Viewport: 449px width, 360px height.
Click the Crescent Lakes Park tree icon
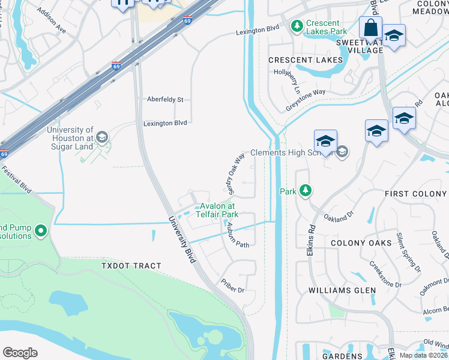click(x=296, y=26)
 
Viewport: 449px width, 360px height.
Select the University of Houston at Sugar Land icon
click(x=101, y=139)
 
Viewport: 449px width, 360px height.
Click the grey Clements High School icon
click(x=342, y=152)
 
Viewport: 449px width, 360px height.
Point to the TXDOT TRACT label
click(x=131, y=266)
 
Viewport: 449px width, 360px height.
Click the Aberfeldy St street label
click(x=164, y=100)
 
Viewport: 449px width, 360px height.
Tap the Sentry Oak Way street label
click(x=236, y=174)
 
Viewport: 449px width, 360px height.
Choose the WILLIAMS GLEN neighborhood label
click(x=342, y=290)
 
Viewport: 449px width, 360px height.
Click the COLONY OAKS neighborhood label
click(x=360, y=242)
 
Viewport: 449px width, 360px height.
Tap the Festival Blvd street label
click(x=16, y=179)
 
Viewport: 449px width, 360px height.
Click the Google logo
click(x=20, y=353)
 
